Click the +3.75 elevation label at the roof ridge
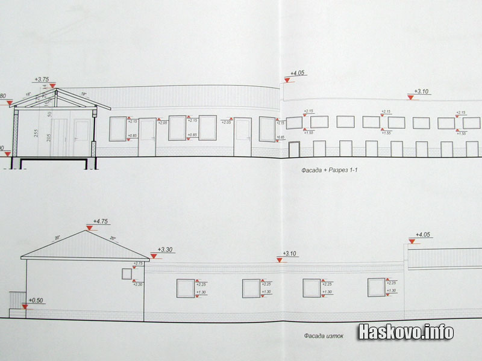43,79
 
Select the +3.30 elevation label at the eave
165,249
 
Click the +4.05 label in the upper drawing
298,73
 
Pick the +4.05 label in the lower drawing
424,235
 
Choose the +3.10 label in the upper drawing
421,91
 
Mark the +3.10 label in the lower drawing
290,254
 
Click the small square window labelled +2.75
127,273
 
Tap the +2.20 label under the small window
139,283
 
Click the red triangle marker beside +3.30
154,255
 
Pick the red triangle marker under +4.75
89,228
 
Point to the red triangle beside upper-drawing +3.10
410,97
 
